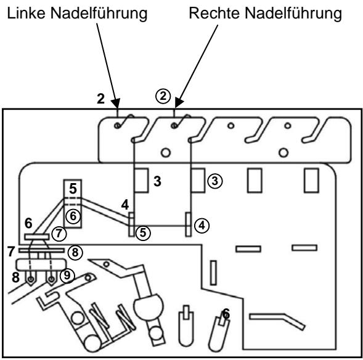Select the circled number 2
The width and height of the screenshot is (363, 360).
(161, 97)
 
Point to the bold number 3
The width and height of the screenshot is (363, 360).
(158, 181)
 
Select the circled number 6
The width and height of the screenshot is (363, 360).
(73, 215)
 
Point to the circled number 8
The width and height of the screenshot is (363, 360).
(74, 252)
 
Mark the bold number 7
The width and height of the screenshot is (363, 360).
(10, 252)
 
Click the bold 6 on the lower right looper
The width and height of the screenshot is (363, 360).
(226, 314)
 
